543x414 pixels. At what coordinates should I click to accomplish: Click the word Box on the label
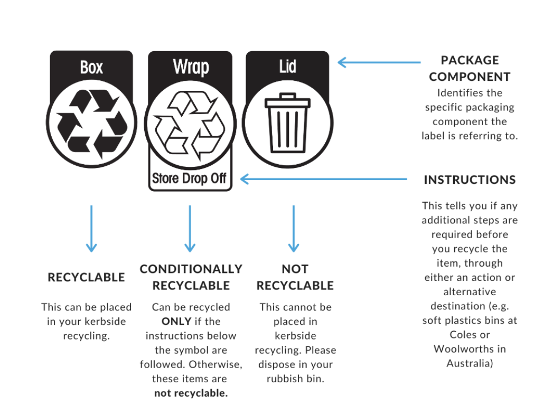click(x=91, y=67)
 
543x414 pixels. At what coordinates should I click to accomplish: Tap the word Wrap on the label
click(x=191, y=67)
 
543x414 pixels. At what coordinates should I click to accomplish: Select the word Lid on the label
click(x=288, y=67)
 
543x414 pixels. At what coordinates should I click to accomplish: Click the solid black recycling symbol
click(x=92, y=124)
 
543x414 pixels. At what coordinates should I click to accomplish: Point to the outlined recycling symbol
click(x=190, y=126)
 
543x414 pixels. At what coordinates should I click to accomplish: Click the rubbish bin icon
click(x=287, y=123)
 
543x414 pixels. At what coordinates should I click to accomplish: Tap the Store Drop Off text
click(x=190, y=178)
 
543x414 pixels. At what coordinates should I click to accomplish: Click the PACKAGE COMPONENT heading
click(x=470, y=68)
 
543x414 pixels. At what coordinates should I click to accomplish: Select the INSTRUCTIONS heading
click(x=470, y=180)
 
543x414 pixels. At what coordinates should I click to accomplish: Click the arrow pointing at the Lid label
click(x=379, y=62)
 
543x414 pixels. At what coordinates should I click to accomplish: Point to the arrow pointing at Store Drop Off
click(x=323, y=179)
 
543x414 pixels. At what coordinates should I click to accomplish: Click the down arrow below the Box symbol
click(x=91, y=229)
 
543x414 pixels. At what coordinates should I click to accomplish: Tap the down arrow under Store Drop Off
click(x=190, y=229)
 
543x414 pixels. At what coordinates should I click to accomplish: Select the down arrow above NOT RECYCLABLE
click(x=294, y=229)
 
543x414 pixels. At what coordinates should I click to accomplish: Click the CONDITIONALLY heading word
click(x=191, y=269)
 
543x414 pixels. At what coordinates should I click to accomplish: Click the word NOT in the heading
click(x=295, y=269)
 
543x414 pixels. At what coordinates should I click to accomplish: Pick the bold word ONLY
click(x=176, y=321)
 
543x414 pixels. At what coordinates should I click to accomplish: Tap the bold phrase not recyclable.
click(x=191, y=393)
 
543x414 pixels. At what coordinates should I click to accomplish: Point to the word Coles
click(x=460, y=335)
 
